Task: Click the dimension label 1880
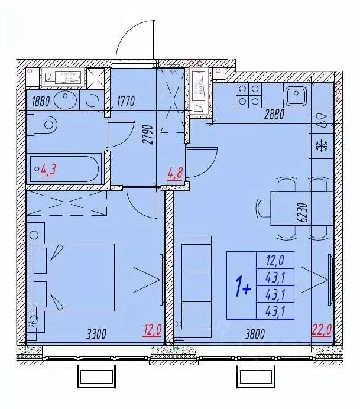click(x=40, y=100)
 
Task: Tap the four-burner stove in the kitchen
click(x=248, y=95)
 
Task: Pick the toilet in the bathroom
click(x=45, y=125)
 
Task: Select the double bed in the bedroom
click(x=74, y=277)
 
